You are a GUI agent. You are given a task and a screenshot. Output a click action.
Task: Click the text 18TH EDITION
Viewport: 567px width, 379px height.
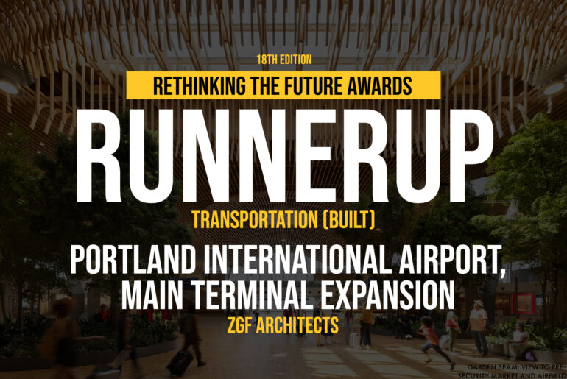284,60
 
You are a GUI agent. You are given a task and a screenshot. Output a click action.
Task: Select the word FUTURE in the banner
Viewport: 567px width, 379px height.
314,85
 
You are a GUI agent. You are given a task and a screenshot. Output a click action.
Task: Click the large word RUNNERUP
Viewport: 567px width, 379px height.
284,155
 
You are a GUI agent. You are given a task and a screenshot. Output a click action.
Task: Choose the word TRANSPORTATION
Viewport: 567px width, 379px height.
255,219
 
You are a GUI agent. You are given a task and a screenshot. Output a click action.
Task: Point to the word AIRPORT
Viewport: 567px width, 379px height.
451,261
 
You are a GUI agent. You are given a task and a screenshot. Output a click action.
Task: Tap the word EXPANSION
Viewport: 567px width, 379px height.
387,295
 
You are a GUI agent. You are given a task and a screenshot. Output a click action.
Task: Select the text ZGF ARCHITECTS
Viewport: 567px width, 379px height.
283,325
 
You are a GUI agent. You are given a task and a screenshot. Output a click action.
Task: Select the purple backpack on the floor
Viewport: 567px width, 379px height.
529,356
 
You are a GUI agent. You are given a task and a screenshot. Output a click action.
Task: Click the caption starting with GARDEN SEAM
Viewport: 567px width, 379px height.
513,372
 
